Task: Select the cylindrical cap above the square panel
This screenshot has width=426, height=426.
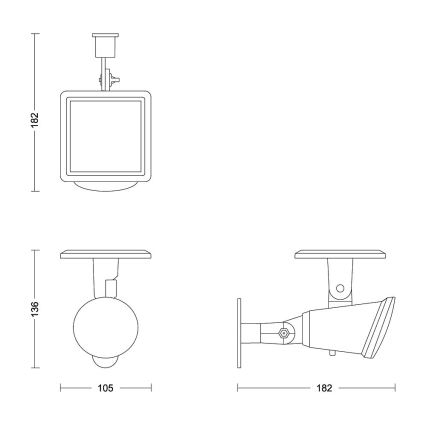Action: point(101,45)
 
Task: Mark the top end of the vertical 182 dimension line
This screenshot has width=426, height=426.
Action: point(36,32)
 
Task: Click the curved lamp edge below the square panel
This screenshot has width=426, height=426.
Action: point(108,186)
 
